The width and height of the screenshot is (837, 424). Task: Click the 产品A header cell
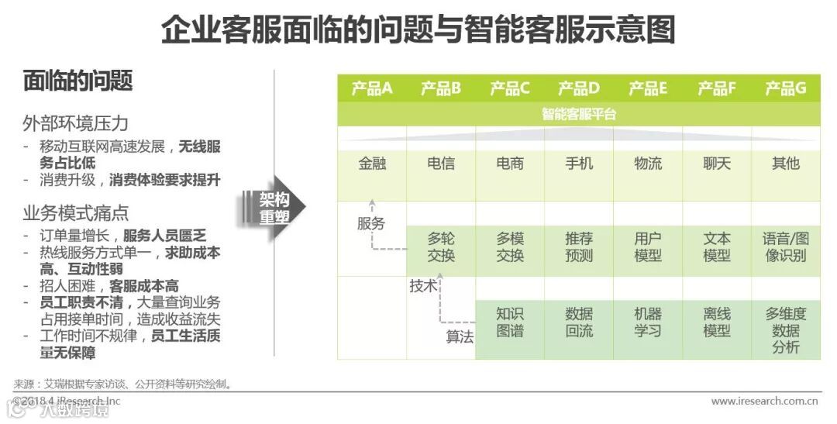(372, 88)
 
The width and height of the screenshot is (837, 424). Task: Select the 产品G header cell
(786, 88)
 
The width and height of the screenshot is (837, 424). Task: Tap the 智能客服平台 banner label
(579, 115)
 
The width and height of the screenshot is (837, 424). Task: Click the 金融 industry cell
(372, 164)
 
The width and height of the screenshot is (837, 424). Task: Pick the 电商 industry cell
(510, 164)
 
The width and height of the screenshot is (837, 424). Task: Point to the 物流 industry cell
(648, 164)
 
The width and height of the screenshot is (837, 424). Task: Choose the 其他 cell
(786, 164)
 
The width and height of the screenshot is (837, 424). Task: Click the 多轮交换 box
(441, 247)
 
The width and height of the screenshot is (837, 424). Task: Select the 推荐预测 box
(579, 247)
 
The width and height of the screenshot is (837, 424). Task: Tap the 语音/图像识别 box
(786, 247)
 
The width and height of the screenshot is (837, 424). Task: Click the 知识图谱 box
(510, 322)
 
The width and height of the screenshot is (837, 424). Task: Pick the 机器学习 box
(648, 322)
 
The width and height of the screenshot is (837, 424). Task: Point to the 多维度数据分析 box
(786, 330)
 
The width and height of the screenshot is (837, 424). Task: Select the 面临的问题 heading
(77, 81)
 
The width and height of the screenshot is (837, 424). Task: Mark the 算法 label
(460, 337)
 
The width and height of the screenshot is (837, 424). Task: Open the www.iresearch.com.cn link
(765, 401)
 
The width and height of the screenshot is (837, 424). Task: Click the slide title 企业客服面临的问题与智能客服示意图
(418, 30)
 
